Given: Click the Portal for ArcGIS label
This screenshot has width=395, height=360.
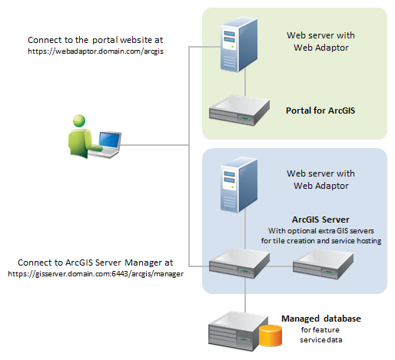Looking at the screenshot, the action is (320, 111).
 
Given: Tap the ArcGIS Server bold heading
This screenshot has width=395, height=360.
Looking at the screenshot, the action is (320, 220).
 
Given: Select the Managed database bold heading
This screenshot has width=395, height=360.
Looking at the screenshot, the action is (321, 319).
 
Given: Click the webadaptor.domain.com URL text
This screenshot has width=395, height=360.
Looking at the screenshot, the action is (95, 51).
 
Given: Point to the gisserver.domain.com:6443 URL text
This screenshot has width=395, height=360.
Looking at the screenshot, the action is (95, 274).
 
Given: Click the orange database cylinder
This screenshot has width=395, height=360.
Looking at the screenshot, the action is (271, 335).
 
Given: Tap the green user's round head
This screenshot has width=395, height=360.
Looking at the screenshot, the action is (79, 121).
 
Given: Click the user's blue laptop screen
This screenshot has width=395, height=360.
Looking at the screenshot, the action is (110, 140).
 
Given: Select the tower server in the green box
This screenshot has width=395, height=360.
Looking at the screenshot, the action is (239, 45).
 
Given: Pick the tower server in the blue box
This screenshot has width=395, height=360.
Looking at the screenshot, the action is (239, 185).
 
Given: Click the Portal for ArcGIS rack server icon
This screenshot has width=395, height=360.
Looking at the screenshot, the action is (239, 111).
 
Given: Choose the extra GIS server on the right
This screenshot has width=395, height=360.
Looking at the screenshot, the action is (323, 264).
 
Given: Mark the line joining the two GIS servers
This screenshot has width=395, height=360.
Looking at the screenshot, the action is (279, 266).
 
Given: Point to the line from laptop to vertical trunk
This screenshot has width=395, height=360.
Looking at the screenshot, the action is (154, 145).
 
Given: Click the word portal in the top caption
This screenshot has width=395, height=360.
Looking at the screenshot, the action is (105, 40).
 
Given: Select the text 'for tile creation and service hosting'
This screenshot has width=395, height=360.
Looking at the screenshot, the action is (321, 241).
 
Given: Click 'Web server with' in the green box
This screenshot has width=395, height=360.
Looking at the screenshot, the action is (320, 35).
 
